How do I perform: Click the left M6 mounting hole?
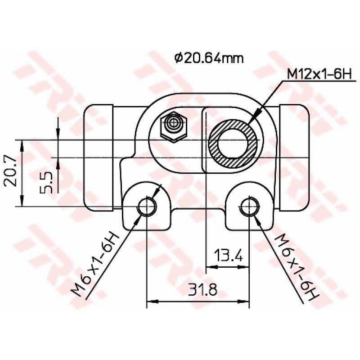[x=147, y=207]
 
